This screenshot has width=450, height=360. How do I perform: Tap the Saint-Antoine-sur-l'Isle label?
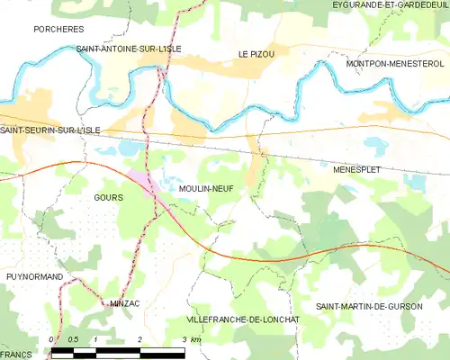(118, 49)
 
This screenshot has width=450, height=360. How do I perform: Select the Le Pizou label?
(256, 54)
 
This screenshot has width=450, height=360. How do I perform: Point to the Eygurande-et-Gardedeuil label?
(390, 6)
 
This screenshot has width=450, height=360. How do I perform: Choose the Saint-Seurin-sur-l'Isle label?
(50, 130)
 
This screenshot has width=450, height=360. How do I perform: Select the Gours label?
(108, 196)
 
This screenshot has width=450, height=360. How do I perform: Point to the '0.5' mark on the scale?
(74, 339)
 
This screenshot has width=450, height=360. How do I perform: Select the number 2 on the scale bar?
(140, 339)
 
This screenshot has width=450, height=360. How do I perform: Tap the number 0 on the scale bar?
(52, 339)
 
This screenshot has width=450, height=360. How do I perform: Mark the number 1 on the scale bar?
(95, 339)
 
